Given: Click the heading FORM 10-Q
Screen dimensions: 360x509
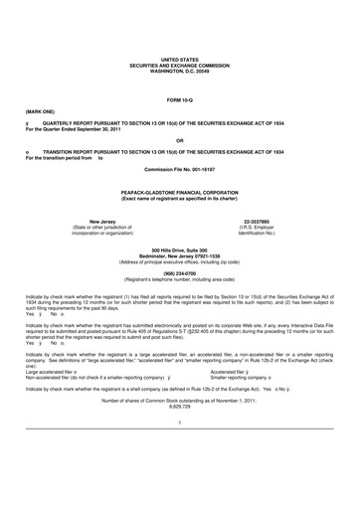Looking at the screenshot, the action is point(179,101).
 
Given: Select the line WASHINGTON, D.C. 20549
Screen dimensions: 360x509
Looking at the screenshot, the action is point(179,70).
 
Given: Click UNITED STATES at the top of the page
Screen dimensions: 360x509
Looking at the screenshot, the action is point(179,60).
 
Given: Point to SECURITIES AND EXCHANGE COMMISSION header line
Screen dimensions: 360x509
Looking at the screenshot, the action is point(179,65).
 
